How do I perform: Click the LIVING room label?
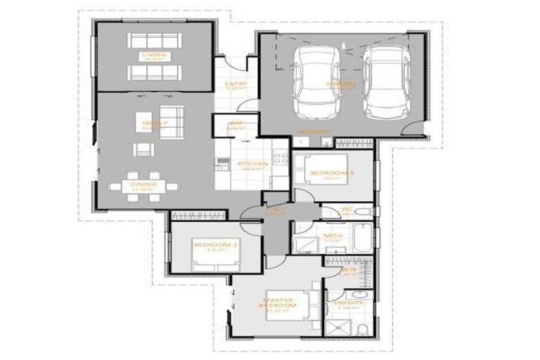154,54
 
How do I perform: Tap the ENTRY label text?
235,84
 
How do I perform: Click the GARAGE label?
341,83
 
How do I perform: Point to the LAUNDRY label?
314,131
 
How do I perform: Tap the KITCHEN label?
252,164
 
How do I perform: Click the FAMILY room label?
155,123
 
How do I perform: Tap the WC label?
347,209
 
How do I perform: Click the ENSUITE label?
349,303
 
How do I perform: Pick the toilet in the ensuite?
361,330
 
